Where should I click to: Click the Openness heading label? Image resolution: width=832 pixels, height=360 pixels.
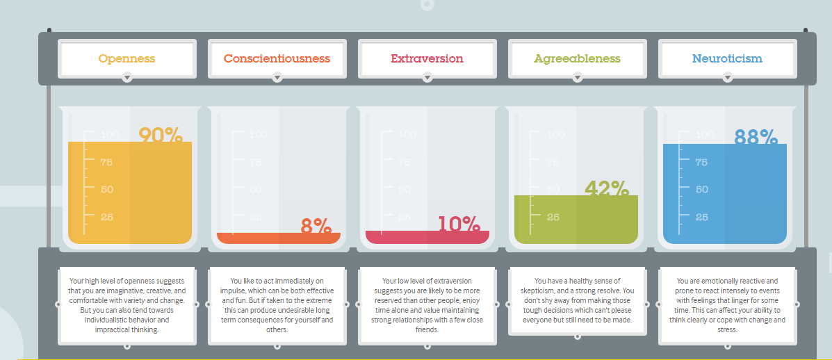(127, 58)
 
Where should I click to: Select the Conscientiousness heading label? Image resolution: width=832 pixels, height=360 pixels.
(277, 58)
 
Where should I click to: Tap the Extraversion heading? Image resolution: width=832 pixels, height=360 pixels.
(427, 58)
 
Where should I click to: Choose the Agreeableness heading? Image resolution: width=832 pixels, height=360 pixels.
(578, 58)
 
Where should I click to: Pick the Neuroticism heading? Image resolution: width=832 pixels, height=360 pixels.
(728, 58)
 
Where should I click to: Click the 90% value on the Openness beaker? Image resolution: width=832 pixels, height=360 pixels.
(161, 136)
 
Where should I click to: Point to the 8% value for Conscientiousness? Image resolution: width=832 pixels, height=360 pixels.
(316, 227)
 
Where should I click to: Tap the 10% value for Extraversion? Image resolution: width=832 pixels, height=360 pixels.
(459, 224)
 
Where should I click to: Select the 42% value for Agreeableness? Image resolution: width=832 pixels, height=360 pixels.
(607, 189)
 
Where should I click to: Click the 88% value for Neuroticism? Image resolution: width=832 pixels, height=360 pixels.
(756, 138)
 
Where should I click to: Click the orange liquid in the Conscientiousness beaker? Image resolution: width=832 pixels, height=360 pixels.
(279, 238)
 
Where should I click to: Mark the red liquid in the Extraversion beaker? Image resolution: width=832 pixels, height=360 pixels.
(427, 237)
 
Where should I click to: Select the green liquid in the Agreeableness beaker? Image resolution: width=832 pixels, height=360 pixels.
(576, 220)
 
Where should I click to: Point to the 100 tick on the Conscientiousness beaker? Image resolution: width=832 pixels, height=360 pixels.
(259, 135)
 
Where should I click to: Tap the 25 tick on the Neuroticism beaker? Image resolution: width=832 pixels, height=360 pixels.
(701, 217)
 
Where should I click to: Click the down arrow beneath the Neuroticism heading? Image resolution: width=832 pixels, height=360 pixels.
(728, 78)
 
